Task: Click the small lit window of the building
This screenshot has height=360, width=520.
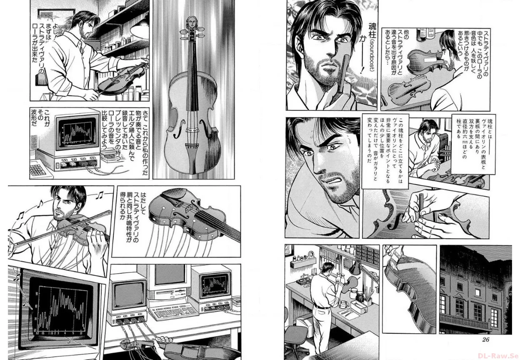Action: click(477, 292)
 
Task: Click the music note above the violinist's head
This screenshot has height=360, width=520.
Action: click(100, 195)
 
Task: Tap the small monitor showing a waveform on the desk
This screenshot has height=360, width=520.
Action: click(214, 285)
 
